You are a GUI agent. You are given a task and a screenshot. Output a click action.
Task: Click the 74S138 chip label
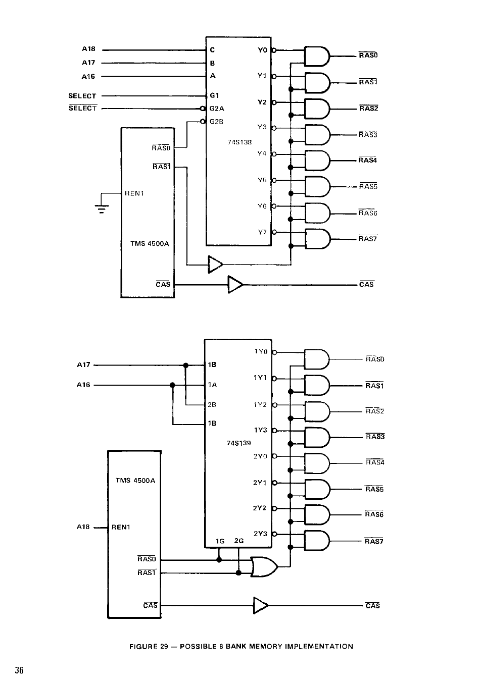[239, 142]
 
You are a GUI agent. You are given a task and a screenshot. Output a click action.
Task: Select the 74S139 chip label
[238, 443]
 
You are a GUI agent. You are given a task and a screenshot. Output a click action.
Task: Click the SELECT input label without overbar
[82, 96]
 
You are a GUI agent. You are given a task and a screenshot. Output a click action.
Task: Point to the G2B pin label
[216, 122]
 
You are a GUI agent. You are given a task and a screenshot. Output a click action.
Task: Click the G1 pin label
[214, 95]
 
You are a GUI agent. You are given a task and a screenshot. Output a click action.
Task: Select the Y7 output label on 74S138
[262, 232]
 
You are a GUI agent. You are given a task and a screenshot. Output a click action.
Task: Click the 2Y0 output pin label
[260, 456]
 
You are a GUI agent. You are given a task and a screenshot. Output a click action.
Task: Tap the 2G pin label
[239, 541]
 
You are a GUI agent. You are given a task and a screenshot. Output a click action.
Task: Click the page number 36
[19, 670]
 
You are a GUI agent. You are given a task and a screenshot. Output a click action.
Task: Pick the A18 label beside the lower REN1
[83, 527]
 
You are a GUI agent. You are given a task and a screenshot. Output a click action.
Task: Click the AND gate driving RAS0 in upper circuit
[317, 57]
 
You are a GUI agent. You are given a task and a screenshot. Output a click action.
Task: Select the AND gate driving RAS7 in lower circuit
[317, 541]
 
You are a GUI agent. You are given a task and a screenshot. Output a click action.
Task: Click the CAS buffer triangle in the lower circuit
[261, 605]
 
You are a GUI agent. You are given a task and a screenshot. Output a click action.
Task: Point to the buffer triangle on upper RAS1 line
[215, 265]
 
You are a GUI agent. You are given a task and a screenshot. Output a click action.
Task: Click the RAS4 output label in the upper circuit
[368, 160]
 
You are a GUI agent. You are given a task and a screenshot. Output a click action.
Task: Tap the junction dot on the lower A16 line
[172, 385]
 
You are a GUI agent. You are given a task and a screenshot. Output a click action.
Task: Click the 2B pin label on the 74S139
[212, 405]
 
